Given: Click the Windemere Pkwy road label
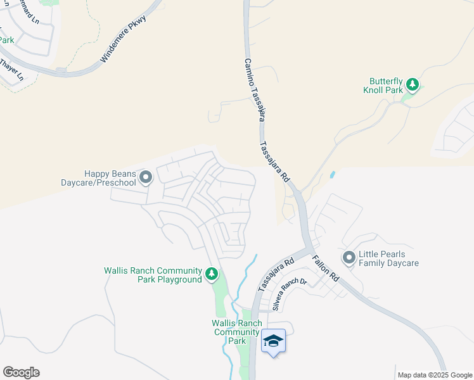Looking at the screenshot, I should click(x=124, y=39).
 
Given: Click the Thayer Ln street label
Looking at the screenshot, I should click(x=11, y=70).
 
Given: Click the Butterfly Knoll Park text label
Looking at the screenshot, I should click(x=387, y=85).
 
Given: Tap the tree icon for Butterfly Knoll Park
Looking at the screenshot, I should click(x=412, y=84).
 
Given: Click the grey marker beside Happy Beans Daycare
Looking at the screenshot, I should click(x=146, y=177).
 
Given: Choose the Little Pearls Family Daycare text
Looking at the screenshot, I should click(x=389, y=258).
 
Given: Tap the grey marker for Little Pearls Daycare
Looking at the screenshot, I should click(x=349, y=257).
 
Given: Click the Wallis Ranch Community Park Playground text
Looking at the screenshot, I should click(x=153, y=275).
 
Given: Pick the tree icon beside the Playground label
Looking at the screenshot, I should click(x=212, y=274).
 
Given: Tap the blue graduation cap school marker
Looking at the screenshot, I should click(x=273, y=341).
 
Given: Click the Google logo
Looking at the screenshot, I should click(x=21, y=372).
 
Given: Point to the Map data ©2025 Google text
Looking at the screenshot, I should click(x=435, y=375).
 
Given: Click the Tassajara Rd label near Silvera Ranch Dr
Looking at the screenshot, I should click(x=276, y=274).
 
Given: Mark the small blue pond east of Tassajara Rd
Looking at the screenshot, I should click(x=333, y=174).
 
